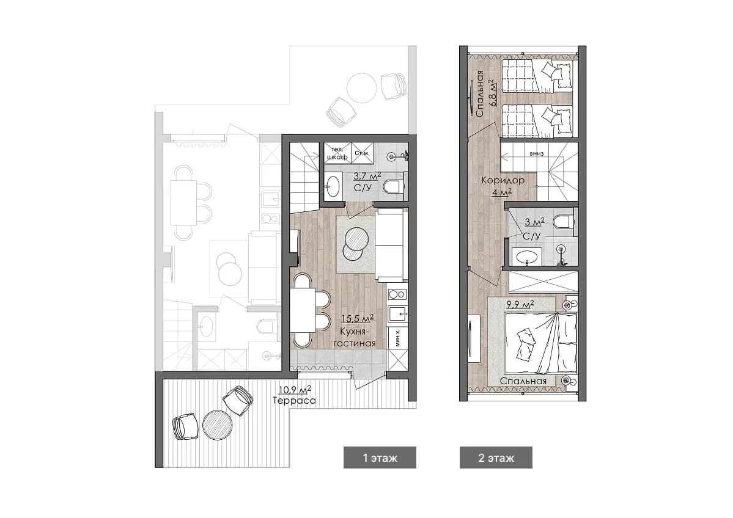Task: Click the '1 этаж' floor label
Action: [x=380, y=458]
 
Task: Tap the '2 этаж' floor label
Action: [x=496, y=458]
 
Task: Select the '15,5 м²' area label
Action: [x=358, y=319]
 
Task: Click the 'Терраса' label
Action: [x=294, y=401]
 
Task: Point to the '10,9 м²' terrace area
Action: [x=295, y=390]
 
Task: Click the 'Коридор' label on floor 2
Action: [x=503, y=180]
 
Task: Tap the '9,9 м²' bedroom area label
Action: [x=520, y=305]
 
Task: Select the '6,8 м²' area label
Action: [x=491, y=92]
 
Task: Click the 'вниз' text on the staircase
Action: [x=537, y=154]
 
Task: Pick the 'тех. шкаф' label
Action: [x=337, y=153]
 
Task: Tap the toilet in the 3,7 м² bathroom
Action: [x=392, y=188]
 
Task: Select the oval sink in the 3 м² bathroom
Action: [x=528, y=257]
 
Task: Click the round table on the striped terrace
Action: [x=218, y=425]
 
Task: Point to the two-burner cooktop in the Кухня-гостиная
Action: [x=397, y=294]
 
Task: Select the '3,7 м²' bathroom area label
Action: [x=367, y=176]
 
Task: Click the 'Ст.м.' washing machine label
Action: [x=362, y=153]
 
